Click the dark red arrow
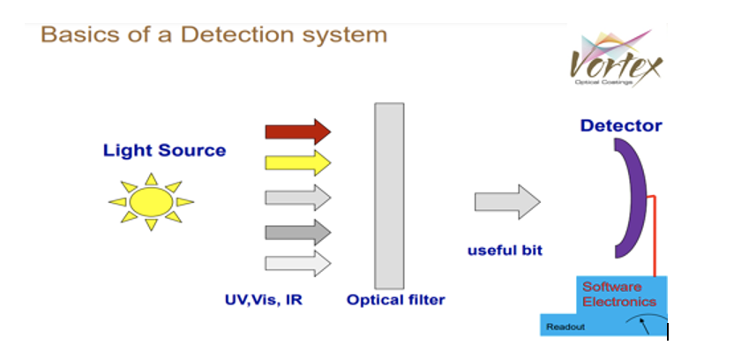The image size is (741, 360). pos(297,131)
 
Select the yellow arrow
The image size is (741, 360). pos(297,163)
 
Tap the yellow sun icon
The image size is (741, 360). pos(150,202)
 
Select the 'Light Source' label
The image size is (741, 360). pos(164,150)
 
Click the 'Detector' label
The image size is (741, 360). pos(621,126)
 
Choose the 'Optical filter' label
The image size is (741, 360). pos(396,300)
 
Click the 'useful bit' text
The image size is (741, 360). pos(505,251)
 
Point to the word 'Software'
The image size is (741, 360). pos(611,287)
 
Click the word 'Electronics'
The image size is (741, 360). pos(619,302)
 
